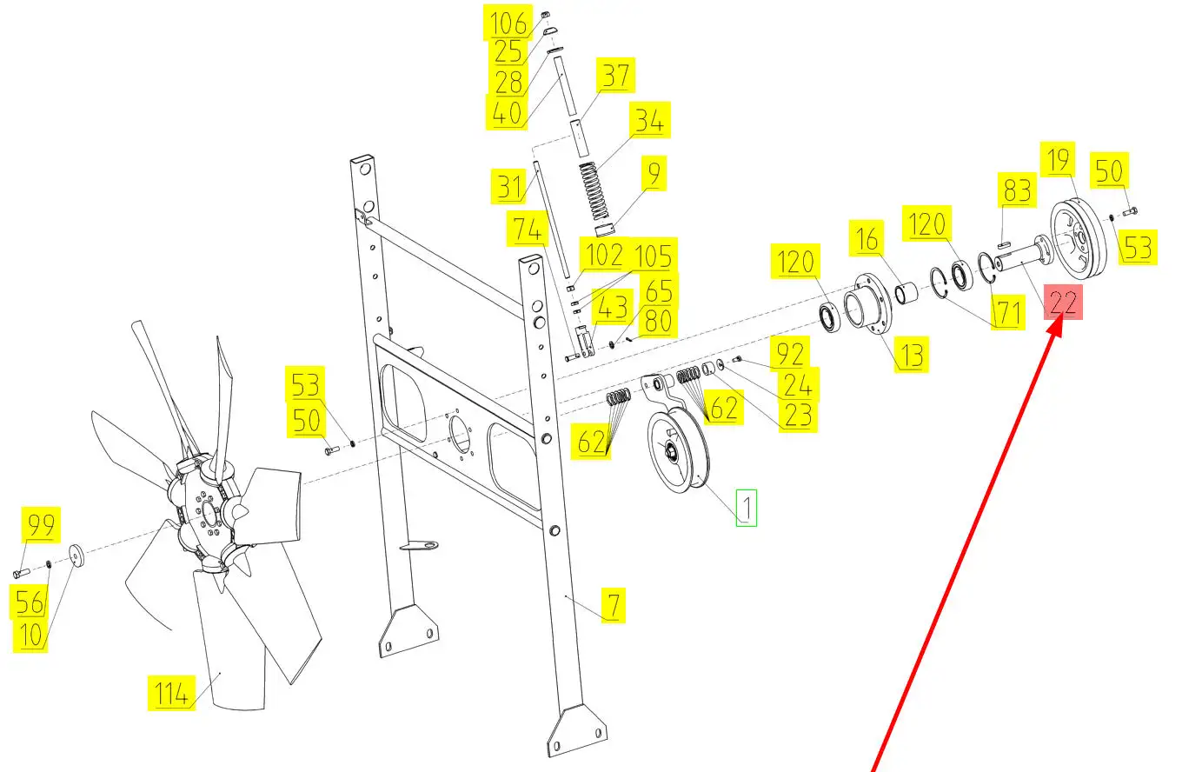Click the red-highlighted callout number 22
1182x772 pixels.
(1063, 303)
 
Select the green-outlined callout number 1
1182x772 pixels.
(746, 508)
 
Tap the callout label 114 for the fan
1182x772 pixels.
(171, 693)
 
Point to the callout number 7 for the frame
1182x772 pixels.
(614, 605)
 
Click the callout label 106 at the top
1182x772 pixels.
(508, 23)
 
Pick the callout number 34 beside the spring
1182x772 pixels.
(649, 120)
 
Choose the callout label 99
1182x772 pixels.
(41, 525)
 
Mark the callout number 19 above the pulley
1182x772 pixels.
(1058, 159)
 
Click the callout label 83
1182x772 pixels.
(1017, 190)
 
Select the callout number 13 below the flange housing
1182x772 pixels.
(912, 355)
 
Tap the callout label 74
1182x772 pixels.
(528, 229)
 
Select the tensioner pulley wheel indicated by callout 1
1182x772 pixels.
(679, 451)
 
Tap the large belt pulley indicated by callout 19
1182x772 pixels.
(1078, 238)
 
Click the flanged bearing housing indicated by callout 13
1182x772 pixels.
(868, 304)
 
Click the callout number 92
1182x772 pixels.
(790, 353)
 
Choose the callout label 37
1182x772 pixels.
(616, 76)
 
